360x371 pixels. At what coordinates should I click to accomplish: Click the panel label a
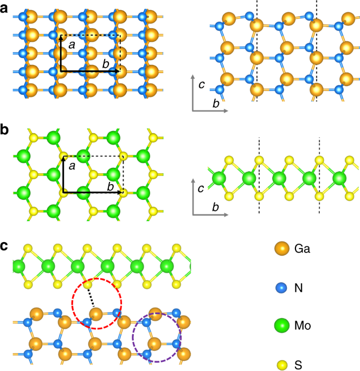(x=5, y=9)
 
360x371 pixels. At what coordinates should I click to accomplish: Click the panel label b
(x=5, y=132)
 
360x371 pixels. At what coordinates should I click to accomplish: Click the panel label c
(x=5, y=246)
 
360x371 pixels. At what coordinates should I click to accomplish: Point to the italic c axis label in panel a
(x=202, y=85)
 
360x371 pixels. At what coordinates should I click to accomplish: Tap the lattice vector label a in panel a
(x=71, y=47)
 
